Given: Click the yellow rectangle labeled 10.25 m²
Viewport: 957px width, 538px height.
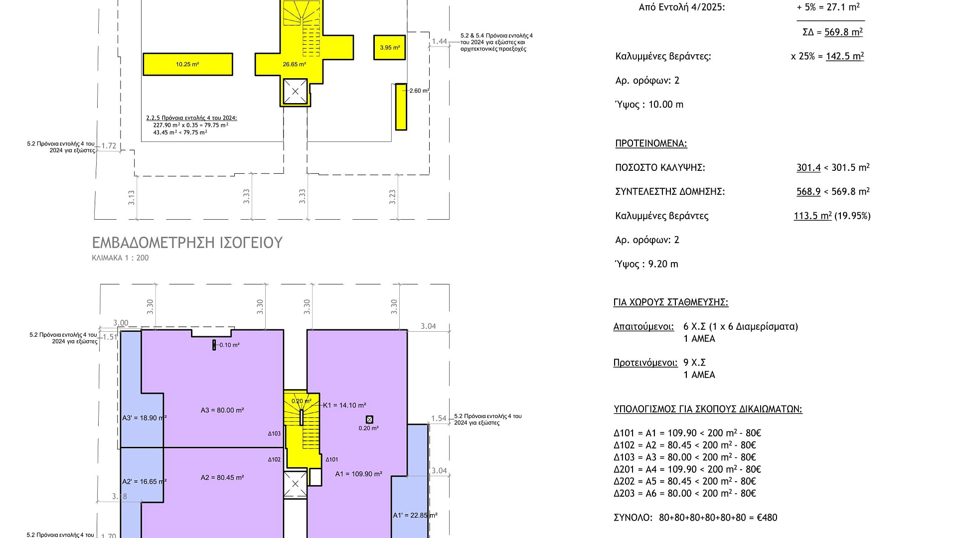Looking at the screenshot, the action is (188, 64).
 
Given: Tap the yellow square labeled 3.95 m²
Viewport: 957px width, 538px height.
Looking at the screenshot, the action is (389, 47).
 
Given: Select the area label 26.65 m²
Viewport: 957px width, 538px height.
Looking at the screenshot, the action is (294, 64).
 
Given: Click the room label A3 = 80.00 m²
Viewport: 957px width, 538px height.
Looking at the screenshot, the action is (222, 410).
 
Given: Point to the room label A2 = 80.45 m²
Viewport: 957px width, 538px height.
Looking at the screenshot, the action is (222, 478).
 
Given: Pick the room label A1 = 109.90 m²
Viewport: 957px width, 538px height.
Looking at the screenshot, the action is (359, 474).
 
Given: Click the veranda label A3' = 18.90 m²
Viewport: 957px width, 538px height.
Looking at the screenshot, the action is (145, 418).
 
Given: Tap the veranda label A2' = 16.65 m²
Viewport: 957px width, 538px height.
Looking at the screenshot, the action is (145, 482).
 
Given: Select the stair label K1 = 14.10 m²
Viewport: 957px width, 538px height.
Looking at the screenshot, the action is (344, 405).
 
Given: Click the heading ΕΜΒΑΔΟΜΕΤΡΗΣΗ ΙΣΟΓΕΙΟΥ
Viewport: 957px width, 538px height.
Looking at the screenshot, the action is (187, 243).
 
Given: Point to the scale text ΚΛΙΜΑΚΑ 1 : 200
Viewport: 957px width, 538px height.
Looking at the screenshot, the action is (120, 258).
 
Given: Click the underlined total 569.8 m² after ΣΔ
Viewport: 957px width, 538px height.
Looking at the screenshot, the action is (843, 32).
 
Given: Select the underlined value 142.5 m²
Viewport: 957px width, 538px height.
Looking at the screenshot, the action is (845, 56).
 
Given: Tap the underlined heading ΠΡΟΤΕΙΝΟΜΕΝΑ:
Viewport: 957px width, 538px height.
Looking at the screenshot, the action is (651, 143).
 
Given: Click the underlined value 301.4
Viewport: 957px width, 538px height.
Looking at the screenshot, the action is (808, 167).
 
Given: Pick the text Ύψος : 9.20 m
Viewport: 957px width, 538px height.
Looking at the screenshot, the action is (646, 264).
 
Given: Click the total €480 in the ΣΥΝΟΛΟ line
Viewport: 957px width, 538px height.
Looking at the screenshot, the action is (767, 518).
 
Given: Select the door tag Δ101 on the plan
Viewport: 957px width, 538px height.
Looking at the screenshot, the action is (332, 460).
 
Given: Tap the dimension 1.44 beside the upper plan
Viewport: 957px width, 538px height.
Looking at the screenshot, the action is (440, 41).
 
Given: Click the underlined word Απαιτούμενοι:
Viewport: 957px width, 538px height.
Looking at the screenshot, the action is (643, 327).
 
